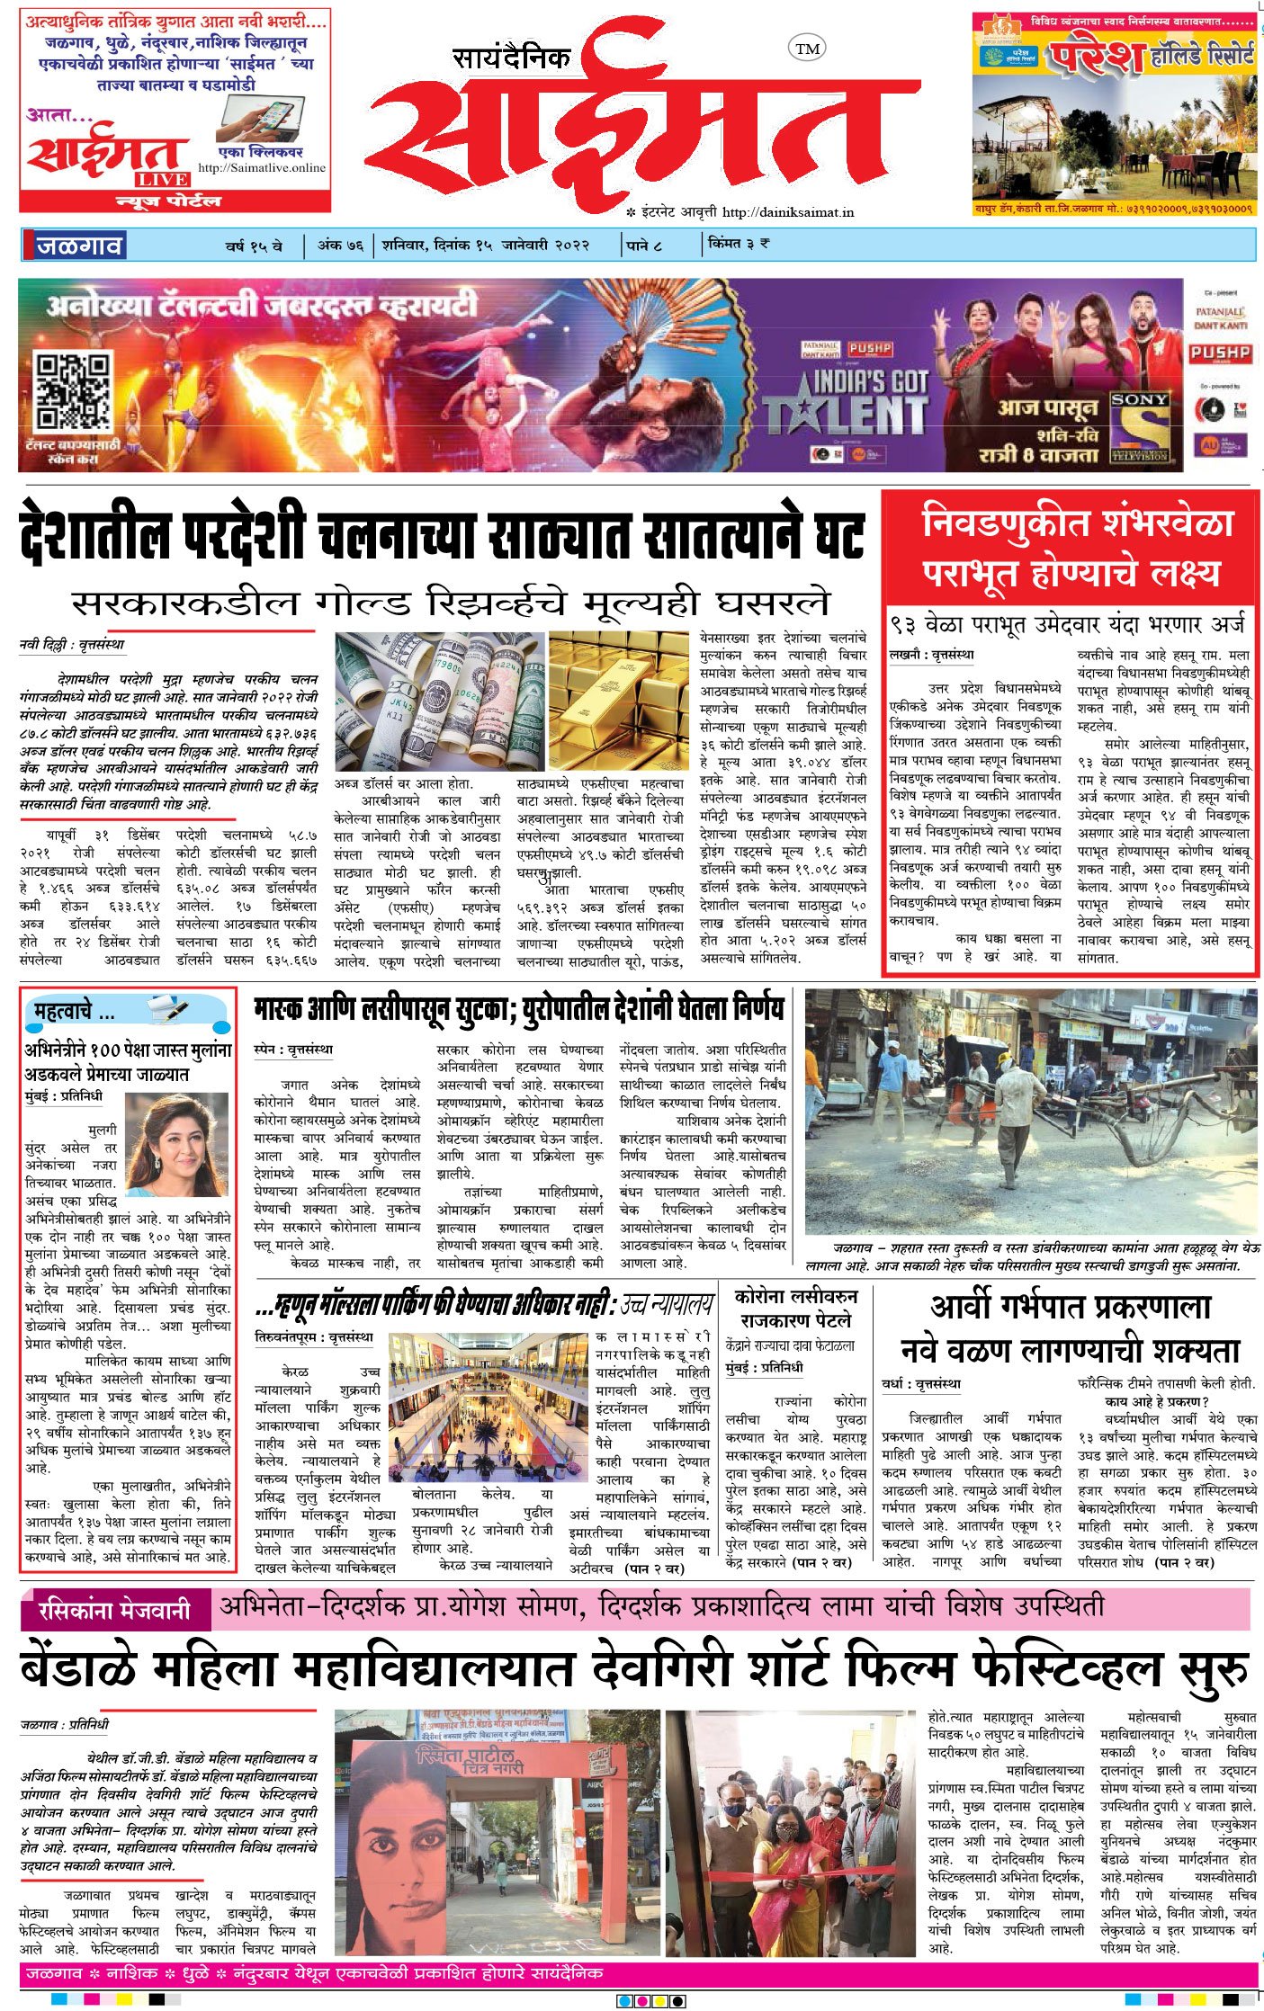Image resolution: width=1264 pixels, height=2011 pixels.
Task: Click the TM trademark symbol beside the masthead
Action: tap(807, 49)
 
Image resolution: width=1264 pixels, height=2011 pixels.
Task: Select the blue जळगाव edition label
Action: tap(79, 246)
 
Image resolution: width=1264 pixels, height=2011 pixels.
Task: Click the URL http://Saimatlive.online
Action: tap(262, 168)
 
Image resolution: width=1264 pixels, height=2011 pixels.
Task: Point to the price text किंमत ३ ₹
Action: tap(739, 244)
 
